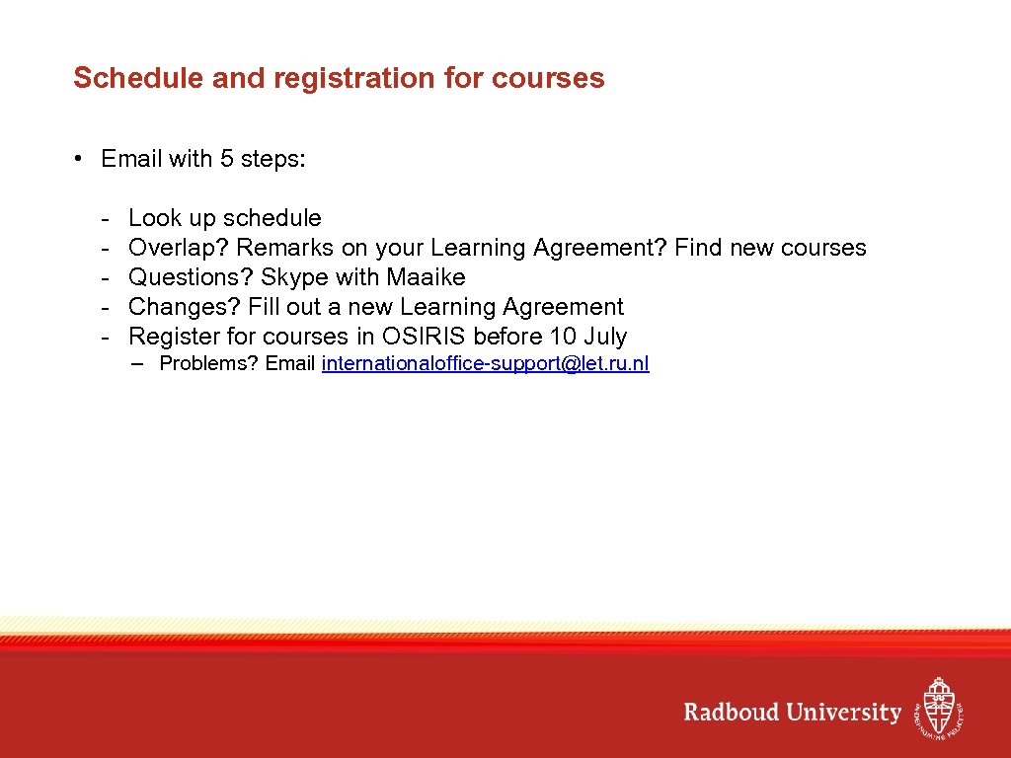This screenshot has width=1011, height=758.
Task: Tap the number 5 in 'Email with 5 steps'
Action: (227, 159)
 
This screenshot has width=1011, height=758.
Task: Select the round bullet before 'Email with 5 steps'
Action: (78, 159)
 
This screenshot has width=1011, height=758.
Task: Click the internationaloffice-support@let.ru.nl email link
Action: (485, 363)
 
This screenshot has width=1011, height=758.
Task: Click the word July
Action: (605, 337)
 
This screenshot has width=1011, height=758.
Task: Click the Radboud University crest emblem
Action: (937, 708)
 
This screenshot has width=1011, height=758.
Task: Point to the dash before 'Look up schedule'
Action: (104, 218)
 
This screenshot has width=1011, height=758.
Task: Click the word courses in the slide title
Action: (552, 78)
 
